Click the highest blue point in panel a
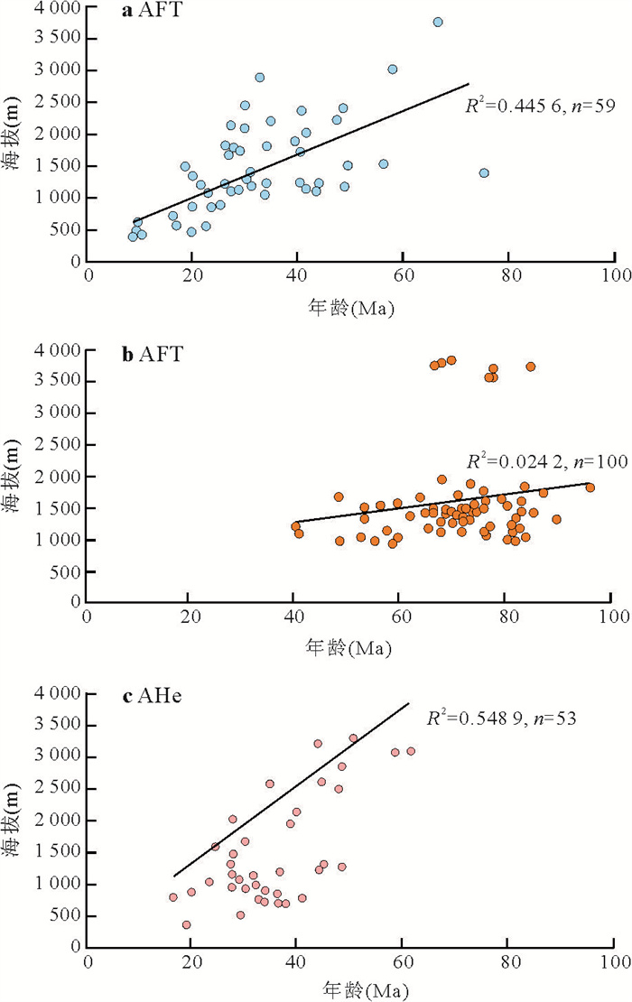coord(438,22)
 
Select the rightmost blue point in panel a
coord(484,172)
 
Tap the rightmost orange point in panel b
coord(590,487)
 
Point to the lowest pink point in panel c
coord(187,924)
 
